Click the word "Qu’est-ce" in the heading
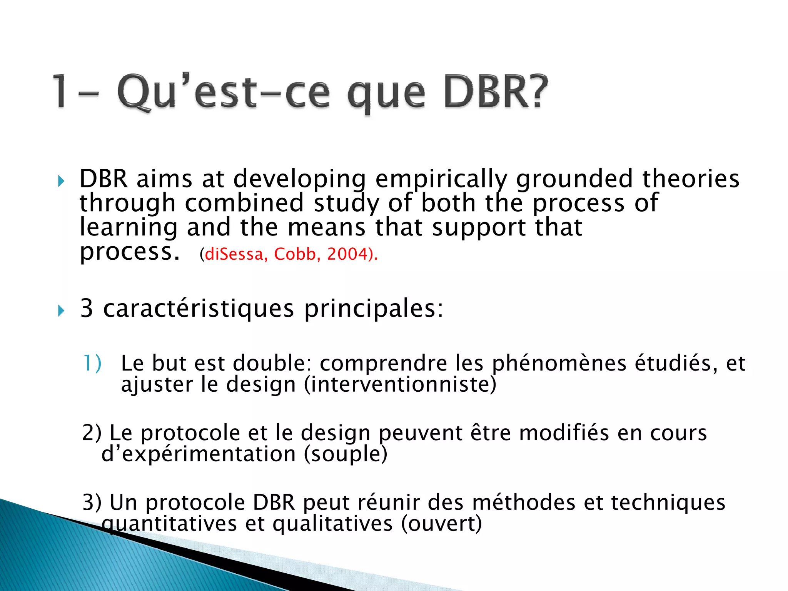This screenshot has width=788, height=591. click(223, 92)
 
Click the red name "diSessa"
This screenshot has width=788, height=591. click(234, 254)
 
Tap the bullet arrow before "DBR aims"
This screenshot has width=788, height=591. click(61, 181)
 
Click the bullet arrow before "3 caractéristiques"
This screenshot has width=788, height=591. click(61, 310)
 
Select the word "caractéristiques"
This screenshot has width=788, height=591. click(199, 309)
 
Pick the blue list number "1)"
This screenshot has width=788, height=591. click(92, 364)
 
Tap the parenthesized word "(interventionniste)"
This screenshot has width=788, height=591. click(400, 385)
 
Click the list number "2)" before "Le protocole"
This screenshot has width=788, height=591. click(92, 433)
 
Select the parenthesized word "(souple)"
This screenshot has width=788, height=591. click(345, 454)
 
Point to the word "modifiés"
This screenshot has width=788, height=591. click(564, 433)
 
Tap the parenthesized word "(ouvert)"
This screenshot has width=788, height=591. click(441, 524)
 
